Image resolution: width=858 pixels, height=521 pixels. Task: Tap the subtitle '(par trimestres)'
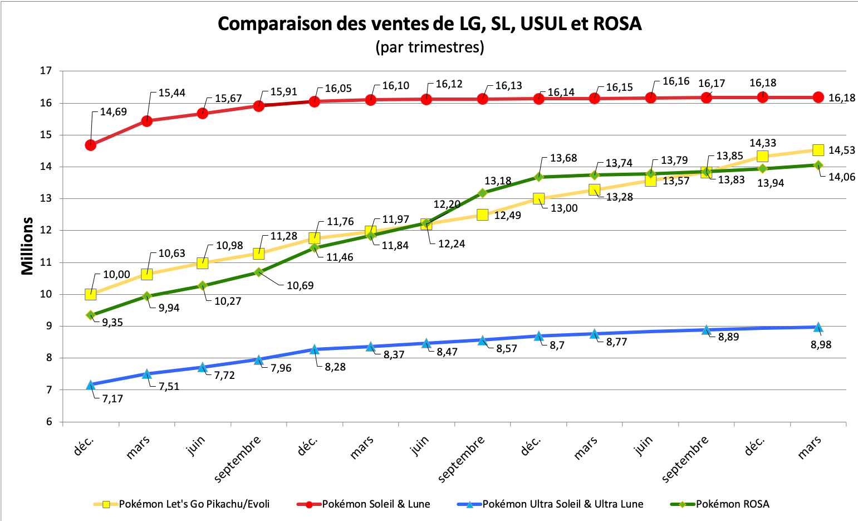click(x=429, y=47)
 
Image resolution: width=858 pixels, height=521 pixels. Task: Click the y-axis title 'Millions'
click(x=27, y=246)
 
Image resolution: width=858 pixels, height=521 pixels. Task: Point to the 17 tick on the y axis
click(x=46, y=71)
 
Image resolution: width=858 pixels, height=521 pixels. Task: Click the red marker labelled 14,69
click(x=90, y=145)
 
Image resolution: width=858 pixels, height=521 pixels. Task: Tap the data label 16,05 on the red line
click(x=339, y=89)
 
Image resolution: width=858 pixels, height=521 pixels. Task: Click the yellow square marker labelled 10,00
click(x=90, y=294)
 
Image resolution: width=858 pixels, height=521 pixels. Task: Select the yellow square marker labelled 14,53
click(x=818, y=150)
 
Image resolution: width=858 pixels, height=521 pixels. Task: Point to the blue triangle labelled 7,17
click(x=90, y=384)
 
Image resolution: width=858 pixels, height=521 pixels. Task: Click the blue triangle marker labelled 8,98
click(x=818, y=327)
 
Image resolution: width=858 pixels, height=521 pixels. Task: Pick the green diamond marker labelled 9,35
click(x=90, y=315)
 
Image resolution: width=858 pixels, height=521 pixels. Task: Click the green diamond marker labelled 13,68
click(x=538, y=177)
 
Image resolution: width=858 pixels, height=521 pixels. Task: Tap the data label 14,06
click(x=842, y=177)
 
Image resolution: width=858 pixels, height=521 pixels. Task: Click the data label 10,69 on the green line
click(x=300, y=286)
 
